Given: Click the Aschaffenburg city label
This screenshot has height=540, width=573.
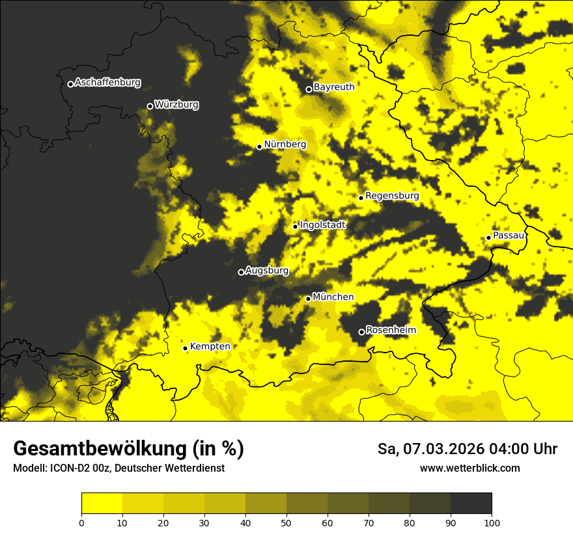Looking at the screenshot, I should click(x=107, y=83).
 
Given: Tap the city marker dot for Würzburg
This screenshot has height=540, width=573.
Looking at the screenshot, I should click(x=150, y=106).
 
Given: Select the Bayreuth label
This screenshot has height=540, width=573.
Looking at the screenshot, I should click(x=334, y=87).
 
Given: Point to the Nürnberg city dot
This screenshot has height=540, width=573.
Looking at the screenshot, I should click(x=259, y=146).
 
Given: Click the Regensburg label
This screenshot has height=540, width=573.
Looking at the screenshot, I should click(x=392, y=196).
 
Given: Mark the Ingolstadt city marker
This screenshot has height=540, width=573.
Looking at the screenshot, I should click(x=295, y=226).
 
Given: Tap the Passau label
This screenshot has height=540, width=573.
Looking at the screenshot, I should click(x=509, y=236).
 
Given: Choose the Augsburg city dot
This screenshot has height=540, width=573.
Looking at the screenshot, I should click(x=241, y=272).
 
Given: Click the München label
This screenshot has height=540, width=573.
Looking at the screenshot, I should click(x=333, y=297).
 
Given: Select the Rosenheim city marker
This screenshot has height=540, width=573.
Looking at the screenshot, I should click(x=361, y=332).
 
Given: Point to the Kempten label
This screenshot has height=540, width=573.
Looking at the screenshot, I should click(x=210, y=347).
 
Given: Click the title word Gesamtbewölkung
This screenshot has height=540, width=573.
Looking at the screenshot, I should click(x=100, y=449).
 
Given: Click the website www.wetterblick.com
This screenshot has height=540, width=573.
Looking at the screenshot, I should click(x=469, y=468).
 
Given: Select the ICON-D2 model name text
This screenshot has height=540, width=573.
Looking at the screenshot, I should click(x=70, y=468).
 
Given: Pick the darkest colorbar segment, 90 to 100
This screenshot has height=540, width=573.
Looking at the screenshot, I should click(x=471, y=504).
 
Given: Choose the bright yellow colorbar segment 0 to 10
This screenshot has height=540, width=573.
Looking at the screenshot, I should click(x=102, y=504).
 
